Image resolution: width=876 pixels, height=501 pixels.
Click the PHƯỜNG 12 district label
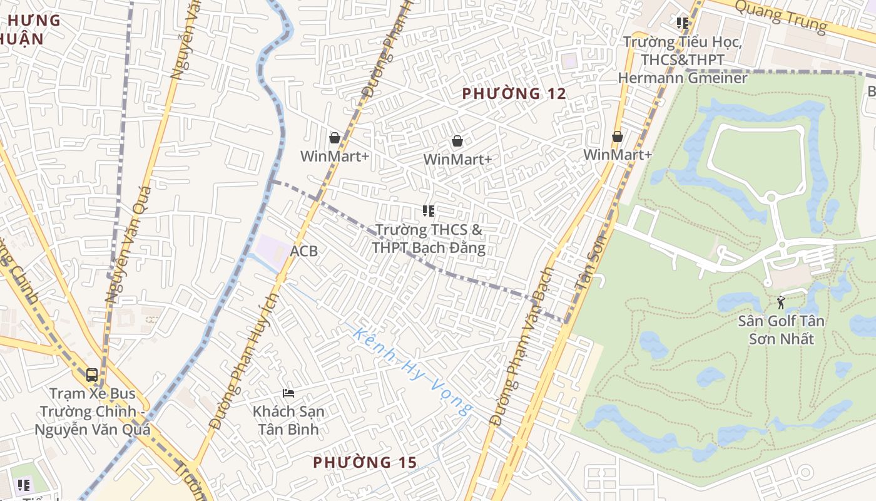[x=514, y=94]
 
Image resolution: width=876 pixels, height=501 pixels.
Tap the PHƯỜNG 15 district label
[x=365, y=463]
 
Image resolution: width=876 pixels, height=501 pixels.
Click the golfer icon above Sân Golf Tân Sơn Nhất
[x=781, y=302]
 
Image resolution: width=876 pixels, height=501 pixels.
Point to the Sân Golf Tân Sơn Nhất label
[x=781, y=330]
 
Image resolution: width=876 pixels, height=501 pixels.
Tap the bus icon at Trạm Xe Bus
[x=92, y=375]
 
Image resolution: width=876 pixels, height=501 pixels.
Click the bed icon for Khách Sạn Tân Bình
[x=288, y=393]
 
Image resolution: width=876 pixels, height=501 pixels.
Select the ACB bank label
[x=304, y=251]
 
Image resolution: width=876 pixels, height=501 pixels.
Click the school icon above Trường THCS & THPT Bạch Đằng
[x=429, y=211]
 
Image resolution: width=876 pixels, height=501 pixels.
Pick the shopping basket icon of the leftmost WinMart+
[x=335, y=138]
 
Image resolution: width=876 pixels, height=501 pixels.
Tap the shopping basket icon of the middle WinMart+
[x=457, y=141]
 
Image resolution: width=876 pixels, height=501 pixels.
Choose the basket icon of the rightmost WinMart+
[x=618, y=136]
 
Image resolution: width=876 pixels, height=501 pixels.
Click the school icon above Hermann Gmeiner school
[x=683, y=23]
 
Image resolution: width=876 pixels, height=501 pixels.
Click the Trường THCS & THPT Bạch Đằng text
[x=429, y=239]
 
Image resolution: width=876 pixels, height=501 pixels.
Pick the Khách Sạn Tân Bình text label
[x=288, y=420]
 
